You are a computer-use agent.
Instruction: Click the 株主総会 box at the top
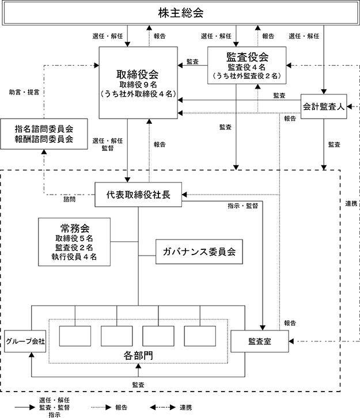pyautogui.click(x=180, y=13)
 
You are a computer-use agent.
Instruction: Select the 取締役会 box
pyautogui.click(x=138, y=83)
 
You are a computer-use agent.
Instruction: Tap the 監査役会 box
pyautogui.click(x=247, y=65)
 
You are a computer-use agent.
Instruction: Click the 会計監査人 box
pyautogui.click(x=324, y=107)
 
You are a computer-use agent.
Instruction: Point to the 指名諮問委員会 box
pyautogui.click(x=44, y=134)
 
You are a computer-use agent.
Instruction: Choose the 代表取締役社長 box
pyautogui.click(x=138, y=195)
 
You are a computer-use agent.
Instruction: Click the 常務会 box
pyautogui.click(x=74, y=242)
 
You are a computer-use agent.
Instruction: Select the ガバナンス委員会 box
pyautogui.click(x=199, y=252)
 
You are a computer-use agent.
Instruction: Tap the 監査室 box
pyautogui.click(x=259, y=341)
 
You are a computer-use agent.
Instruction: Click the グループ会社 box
pyautogui.click(x=25, y=341)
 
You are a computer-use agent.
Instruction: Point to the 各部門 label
pyautogui.click(x=138, y=356)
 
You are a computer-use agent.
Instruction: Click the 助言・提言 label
pyautogui.click(x=24, y=92)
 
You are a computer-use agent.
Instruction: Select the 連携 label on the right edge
pyautogui.click(x=351, y=204)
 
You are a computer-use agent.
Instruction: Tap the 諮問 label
pyautogui.click(x=69, y=199)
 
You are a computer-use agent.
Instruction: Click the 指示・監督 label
pyautogui.click(x=243, y=206)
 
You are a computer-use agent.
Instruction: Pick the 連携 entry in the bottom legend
pyautogui.click(x=185, y=407)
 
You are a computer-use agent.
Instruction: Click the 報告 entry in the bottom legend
pyautogui.click(x=122, y=407)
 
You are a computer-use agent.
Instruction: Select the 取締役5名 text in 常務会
pyautogui.click(x=74, y=238)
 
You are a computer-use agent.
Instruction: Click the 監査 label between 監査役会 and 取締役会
pyautogui.click(x=192, y=62)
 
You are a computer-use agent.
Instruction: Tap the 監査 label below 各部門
pyautogui.click(x=138, y=385)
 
